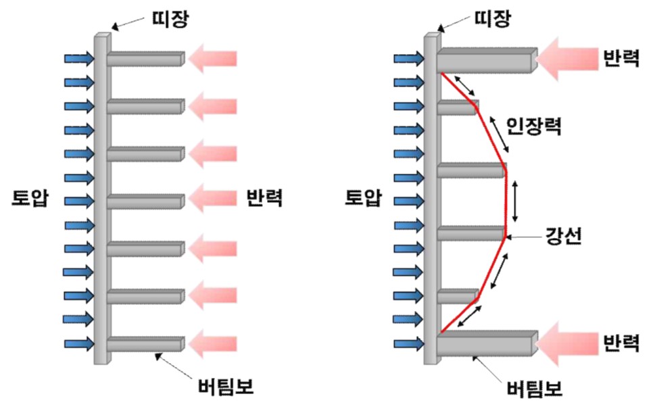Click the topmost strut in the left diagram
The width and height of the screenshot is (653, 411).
(x=145, y=59)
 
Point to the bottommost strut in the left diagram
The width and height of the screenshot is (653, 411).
(x=145, y=345)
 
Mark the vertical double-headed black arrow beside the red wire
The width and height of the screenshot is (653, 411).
(x=515, y=201)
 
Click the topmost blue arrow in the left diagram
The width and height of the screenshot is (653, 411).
(x=79, y=59)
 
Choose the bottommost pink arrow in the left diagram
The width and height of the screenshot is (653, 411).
(x=214, y=345)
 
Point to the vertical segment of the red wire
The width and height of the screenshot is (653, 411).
(x=505, y=201)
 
